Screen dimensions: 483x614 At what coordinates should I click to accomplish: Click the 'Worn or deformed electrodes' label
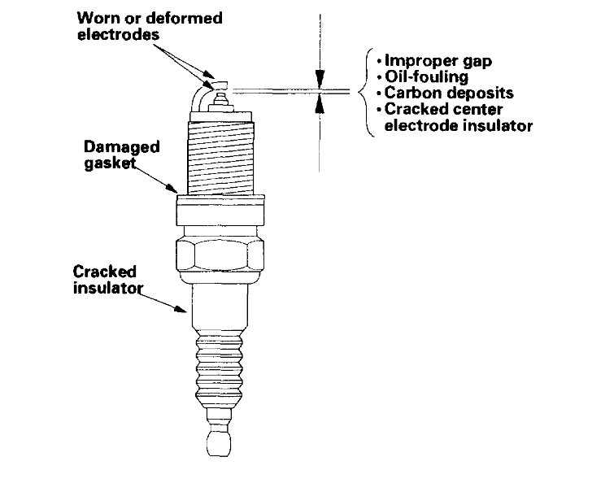click(150, 26)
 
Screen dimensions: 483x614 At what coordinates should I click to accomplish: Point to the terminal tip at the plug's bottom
click(220, 442)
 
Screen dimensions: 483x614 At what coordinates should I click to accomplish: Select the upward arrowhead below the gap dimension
click(321, 101)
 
